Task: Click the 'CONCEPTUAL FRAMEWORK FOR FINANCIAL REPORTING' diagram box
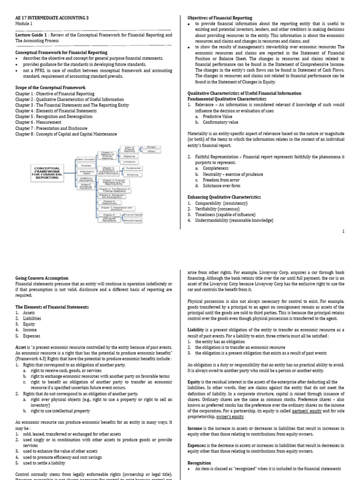[47, 172]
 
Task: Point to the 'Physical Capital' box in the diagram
[133, 220]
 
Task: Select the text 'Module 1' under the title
[24, 24]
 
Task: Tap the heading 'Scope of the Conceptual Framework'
[50, 88]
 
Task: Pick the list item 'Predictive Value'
[217, 116]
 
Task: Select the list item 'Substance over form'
[222, 186]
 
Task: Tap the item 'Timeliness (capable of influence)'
[225, 214]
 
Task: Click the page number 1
[344, 231]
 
